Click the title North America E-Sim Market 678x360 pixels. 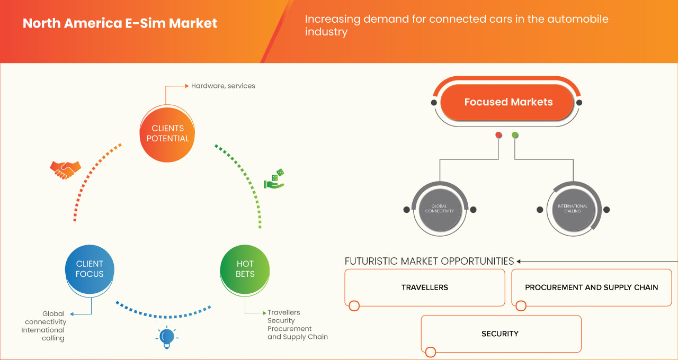120,24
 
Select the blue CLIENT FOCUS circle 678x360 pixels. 90,269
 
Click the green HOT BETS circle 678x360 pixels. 245,269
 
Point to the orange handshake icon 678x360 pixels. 65,169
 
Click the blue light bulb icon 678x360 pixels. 167,337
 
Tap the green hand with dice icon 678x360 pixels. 274,179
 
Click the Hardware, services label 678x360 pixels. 223,86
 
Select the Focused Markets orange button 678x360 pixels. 508,102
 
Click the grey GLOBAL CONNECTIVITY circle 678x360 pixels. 439,209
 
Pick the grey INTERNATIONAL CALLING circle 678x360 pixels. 573,209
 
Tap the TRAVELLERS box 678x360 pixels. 424,287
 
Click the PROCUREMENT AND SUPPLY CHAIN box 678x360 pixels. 591,287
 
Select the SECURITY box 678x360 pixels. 500,334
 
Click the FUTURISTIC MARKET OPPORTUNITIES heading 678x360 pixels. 429,261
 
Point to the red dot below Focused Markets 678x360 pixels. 498,136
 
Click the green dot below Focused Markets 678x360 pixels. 515,136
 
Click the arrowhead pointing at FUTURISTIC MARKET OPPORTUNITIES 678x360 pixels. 519,261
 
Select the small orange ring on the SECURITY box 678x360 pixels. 430,352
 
